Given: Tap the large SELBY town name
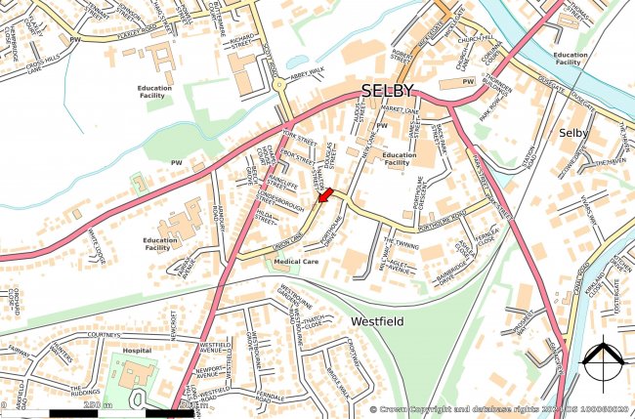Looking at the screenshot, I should tap(388, 91).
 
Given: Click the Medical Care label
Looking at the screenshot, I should tap(297, 262).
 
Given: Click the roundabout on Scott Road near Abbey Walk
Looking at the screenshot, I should tap(280, 85).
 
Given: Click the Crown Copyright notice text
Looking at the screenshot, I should tap(498, 409).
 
